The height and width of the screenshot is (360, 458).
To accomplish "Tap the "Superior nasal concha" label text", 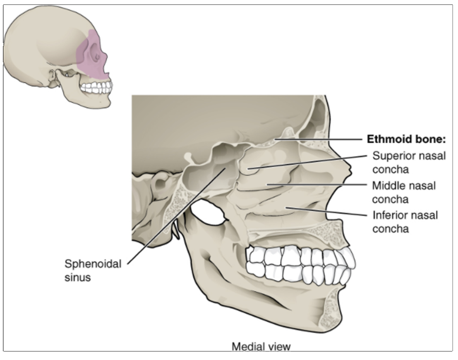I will click(408, 163).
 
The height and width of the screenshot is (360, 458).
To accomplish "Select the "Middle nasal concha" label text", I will click(403, 192).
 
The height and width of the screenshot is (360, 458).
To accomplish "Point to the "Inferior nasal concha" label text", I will click(404, 222).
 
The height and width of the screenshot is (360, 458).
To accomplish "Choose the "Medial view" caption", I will click(261, 347).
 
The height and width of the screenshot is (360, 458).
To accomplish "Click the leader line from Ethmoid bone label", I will click(322, 139).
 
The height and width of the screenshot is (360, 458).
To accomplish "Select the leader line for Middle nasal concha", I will click(317, 185).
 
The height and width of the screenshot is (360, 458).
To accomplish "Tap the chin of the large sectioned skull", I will click(331, 317).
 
